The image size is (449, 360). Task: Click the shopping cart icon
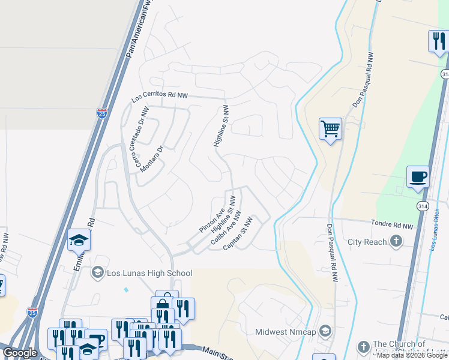[330, 128]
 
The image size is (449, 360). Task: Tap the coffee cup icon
[418, 177]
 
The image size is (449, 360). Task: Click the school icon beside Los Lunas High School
[97, 273]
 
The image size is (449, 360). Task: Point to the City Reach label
[367, 242]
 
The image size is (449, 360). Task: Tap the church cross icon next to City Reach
[396, 242]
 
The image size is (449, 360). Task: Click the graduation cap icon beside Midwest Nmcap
[325, 331]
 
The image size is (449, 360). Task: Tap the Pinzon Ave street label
[212, 221]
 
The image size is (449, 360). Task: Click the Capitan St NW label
[238, 234]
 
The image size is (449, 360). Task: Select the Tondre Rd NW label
[394, 226]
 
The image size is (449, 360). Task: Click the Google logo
[20, 353]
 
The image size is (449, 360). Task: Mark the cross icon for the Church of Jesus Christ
[363, 347]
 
